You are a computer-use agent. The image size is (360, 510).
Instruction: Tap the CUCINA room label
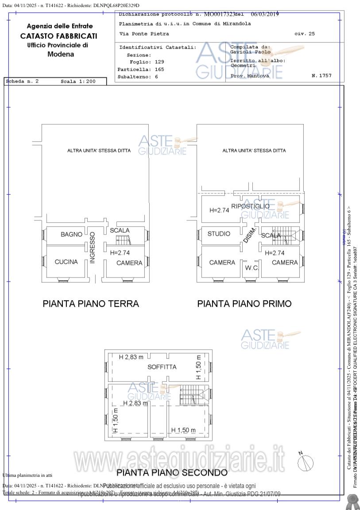point(66,262)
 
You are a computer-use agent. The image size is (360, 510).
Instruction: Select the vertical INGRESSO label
point(93,247)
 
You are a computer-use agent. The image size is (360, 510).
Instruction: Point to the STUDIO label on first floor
point(219,233)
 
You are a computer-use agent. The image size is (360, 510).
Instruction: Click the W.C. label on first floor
point(252,268)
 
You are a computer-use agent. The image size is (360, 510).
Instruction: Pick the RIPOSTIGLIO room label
point(250,206)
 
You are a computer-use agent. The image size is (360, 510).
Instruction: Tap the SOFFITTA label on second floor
point(162,367)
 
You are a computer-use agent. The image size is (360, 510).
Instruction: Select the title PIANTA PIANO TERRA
point(91,304)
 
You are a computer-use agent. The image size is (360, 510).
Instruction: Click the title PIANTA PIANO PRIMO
point(244,304)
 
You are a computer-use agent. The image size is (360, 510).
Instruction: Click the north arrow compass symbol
point(305,463)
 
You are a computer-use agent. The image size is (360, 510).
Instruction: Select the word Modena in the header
point(61,54)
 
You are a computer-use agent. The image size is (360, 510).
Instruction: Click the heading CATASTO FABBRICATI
point(58,36)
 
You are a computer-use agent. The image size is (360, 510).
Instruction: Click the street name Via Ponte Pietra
point(144,34)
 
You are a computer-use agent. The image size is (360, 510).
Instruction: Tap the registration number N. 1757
point(321,76)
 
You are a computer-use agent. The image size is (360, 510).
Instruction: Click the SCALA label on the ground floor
point(120,230)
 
